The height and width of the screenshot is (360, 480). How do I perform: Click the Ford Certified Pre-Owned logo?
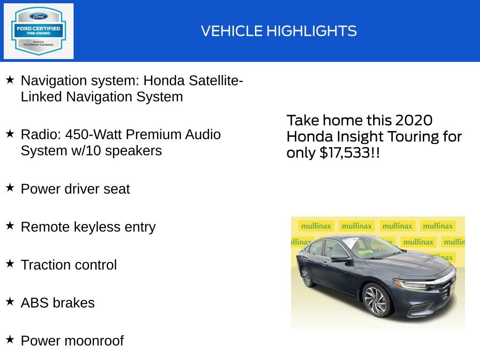[x=38, y=31]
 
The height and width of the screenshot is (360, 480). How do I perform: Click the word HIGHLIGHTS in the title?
[x=312, y=31]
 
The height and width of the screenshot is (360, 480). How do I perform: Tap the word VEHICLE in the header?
[x=232, y=31]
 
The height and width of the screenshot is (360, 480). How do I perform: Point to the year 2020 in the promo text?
[x=413, y=120]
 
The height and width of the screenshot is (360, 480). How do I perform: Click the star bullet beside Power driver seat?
[x=10, y=188]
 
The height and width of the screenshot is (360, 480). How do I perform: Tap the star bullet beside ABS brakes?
[x=10, y=302]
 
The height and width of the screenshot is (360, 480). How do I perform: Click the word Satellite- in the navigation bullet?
[x=216, y=81]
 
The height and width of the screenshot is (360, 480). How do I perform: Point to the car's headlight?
[x=411, y=284]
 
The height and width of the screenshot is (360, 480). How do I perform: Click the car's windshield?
[x=370, y=247]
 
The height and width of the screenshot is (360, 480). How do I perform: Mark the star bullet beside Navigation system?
[x=10, y=80]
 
